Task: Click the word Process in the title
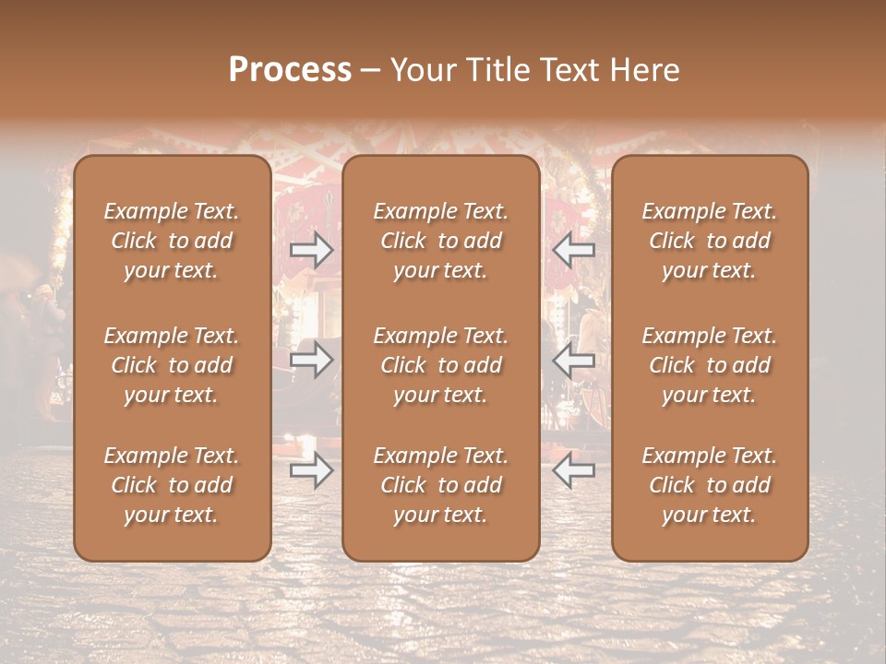(290, 69)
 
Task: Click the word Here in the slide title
(644, 69)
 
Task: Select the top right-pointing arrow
(312, 250)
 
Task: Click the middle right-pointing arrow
(312, 360)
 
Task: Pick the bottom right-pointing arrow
(312, 470)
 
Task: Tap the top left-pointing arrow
(573, 250)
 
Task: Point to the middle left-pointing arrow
(573, 360)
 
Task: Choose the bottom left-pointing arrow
(573, 470)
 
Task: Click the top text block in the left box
(172, 241)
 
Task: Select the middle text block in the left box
(172, 365)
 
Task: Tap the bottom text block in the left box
(172, 485)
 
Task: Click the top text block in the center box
(441, 241)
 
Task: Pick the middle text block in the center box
(441, 365)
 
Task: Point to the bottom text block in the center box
(441, 485)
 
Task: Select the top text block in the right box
(710, 241)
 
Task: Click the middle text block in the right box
(710, 365)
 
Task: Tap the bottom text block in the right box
(710, 485)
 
